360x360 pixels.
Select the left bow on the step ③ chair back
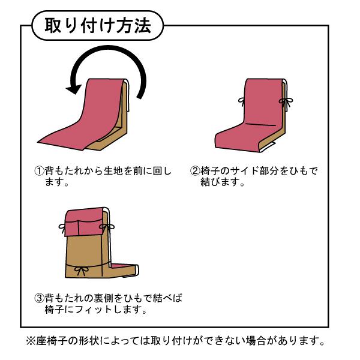tap(62, 226)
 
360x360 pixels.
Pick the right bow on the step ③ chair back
tap(109, 226)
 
